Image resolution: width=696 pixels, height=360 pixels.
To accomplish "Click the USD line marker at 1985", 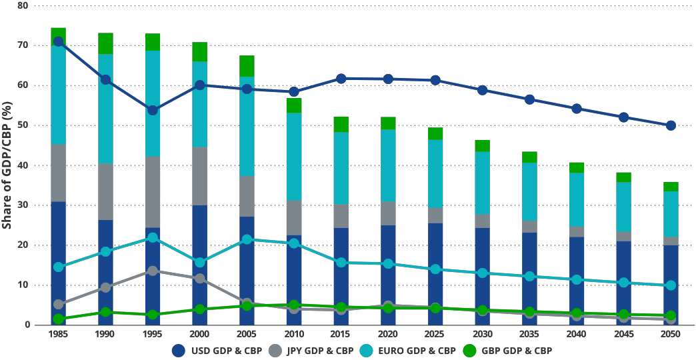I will [x=59, y=42].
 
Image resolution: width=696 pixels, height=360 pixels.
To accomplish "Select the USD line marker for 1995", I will [x=153, y=110].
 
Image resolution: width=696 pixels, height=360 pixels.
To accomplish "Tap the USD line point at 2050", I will [x=671, y=125].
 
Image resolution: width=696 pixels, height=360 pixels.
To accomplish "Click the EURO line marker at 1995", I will [x=153, y=237].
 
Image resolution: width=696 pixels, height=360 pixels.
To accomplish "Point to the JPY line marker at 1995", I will [x=153, y=271].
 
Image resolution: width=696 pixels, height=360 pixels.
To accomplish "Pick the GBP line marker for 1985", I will [x=59, y=319].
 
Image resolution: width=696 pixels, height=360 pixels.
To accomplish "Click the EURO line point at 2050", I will [x=671, y=285].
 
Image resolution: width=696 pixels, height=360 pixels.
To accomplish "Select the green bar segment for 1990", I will [x=105, y=43].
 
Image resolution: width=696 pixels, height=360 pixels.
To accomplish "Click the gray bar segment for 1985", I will [x=59, y=173].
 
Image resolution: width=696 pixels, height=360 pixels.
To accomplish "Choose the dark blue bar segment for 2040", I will [x=577, y=280].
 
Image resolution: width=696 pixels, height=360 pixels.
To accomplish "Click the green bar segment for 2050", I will [x=671, y=187].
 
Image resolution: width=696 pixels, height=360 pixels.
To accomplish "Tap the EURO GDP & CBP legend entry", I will [x=407, y=350].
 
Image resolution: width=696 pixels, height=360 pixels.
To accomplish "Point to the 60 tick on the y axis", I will [x=23, y=85].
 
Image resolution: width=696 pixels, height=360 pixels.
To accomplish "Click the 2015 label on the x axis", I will [x=341, y=334].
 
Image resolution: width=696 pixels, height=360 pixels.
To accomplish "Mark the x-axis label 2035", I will [x=529, y=334].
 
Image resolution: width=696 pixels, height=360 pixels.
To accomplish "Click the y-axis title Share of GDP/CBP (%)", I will [x=7, y=165].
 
